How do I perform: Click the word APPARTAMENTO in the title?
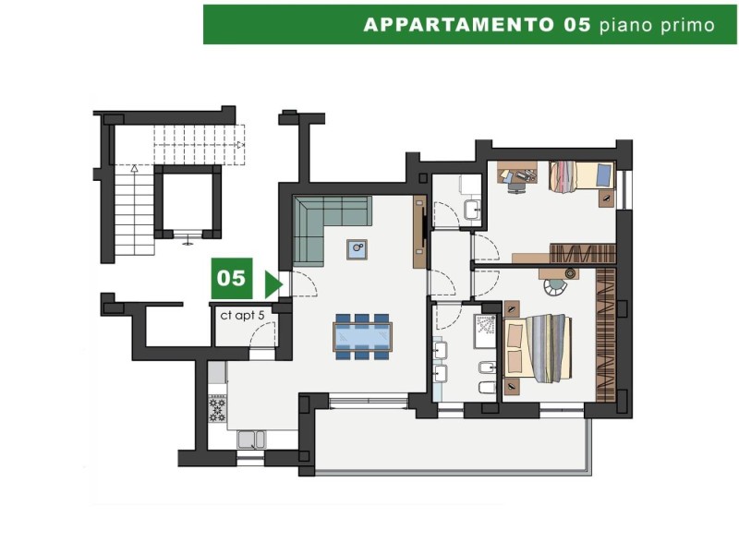click(x=458, y=25)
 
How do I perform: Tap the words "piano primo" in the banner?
click(x=657, y=25)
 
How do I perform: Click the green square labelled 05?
click(x=232, y=278)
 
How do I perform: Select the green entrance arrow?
click(x=273, y=284)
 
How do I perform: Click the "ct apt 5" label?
click(x=242, y=315)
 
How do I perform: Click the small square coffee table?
click(x=357, y=249)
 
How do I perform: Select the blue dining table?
click(x=362, y=337)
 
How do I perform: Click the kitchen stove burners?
click(x=217, y=408)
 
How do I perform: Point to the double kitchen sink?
click(x=251, y=440)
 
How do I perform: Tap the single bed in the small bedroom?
click(x=582, y=176)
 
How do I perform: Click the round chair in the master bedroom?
click(x=556, y=286)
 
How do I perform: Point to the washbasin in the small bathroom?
click(x=472, y=210)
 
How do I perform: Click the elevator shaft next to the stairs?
click(x=188, y=201)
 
